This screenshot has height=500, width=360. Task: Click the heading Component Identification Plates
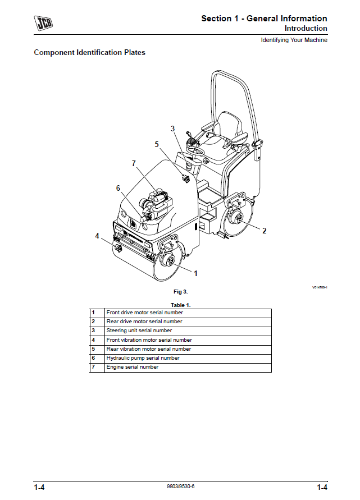[89, 53]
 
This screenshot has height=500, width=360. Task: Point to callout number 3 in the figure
[173, 129]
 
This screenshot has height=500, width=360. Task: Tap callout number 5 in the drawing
[157, 144]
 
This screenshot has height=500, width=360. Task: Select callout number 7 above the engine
[134, 163]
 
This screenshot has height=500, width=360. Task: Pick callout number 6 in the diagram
[119, 188]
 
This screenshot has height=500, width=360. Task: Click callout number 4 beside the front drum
[97, 236]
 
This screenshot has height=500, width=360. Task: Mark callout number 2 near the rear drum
[265, 231]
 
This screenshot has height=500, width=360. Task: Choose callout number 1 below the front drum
[195, 273]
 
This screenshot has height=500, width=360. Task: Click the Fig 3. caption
[181, 292]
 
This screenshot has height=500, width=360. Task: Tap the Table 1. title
[181, 304]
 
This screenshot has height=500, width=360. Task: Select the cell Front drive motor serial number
[144, 313]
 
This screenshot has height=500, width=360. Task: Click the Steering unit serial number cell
[139, 331]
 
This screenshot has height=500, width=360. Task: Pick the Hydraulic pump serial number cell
[143, 358]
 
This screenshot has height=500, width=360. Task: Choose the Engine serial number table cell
[133, 367]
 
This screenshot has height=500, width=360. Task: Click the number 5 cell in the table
[93, 349]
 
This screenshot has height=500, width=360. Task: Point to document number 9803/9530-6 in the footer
[181, 486]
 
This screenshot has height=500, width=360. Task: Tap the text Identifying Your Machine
[294, 40]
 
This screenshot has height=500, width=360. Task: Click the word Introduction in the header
[306, 29]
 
